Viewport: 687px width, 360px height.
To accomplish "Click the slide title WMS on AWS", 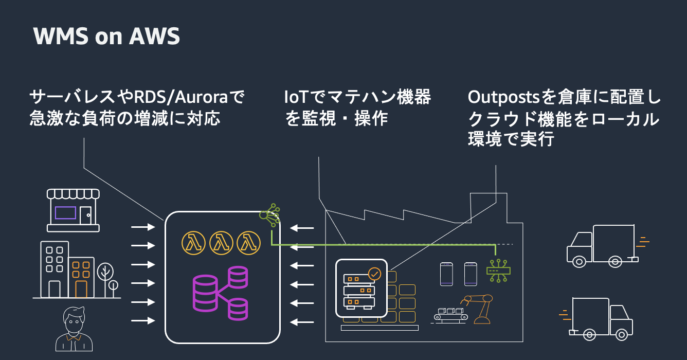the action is pyautogui.click(x=106, y=36).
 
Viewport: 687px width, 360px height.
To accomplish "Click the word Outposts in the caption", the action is pyautogui.click(x=503, y=97).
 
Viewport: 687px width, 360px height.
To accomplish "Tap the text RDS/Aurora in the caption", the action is pyautogui.click(x=181, y=97).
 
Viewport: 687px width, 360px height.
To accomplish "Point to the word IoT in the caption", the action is pyautogui.click(x=296, y=97).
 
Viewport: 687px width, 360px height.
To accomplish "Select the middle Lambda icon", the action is pyautogui.click(x=221, y=243).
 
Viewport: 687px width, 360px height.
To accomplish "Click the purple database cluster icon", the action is pyautogui.click(x=220, y=294).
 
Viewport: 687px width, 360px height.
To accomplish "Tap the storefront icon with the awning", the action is pyautogui.click(x=73, y=210).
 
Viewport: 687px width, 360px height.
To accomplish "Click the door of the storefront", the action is pyautogui.click(x=85, y=215).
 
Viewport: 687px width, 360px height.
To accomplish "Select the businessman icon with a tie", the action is pyautogui.click(x=74, y=329).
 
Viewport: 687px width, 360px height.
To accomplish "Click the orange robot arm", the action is pyautogui.click(x=480, y=309).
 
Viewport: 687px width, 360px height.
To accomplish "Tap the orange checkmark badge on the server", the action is pyautogui.click(x=374, y=274).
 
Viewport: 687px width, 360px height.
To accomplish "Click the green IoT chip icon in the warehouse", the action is pyautogui.click(x=498, y=271).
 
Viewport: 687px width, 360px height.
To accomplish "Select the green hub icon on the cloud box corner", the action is pyautogui.click(x=269, y=215).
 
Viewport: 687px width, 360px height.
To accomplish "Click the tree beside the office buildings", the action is pyautogui.click(x=105, y=279).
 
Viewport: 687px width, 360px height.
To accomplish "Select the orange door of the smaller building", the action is pyautogui.click(x=81, y=289).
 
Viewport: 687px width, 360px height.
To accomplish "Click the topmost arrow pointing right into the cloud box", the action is pyautogui.click(x=143, y=227).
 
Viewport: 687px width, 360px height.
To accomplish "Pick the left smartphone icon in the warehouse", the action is pyautogui.click(x=446, y=274).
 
